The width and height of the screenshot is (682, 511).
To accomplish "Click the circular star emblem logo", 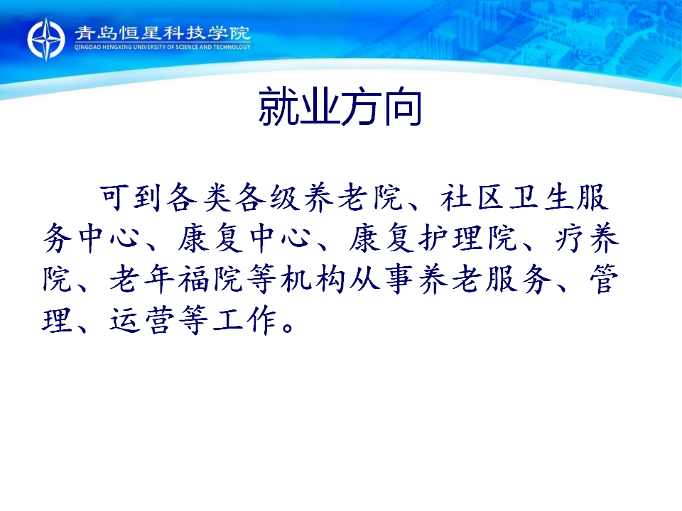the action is click(46, 39).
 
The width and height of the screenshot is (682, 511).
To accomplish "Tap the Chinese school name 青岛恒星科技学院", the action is click(162, 33).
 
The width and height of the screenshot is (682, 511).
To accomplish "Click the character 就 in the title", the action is click(278, 106).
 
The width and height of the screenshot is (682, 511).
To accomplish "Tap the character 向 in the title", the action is click(402, 106).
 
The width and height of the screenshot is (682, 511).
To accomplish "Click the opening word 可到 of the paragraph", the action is click(131, 198).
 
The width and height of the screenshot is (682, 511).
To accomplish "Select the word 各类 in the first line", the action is click(199, 198).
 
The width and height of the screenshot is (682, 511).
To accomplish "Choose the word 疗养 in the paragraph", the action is click(587, 238).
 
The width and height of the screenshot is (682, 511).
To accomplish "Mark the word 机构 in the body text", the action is click(313, 279).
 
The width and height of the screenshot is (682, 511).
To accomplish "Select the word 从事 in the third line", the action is click(381, 279).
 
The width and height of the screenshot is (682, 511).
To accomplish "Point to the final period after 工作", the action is click(288, 326).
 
